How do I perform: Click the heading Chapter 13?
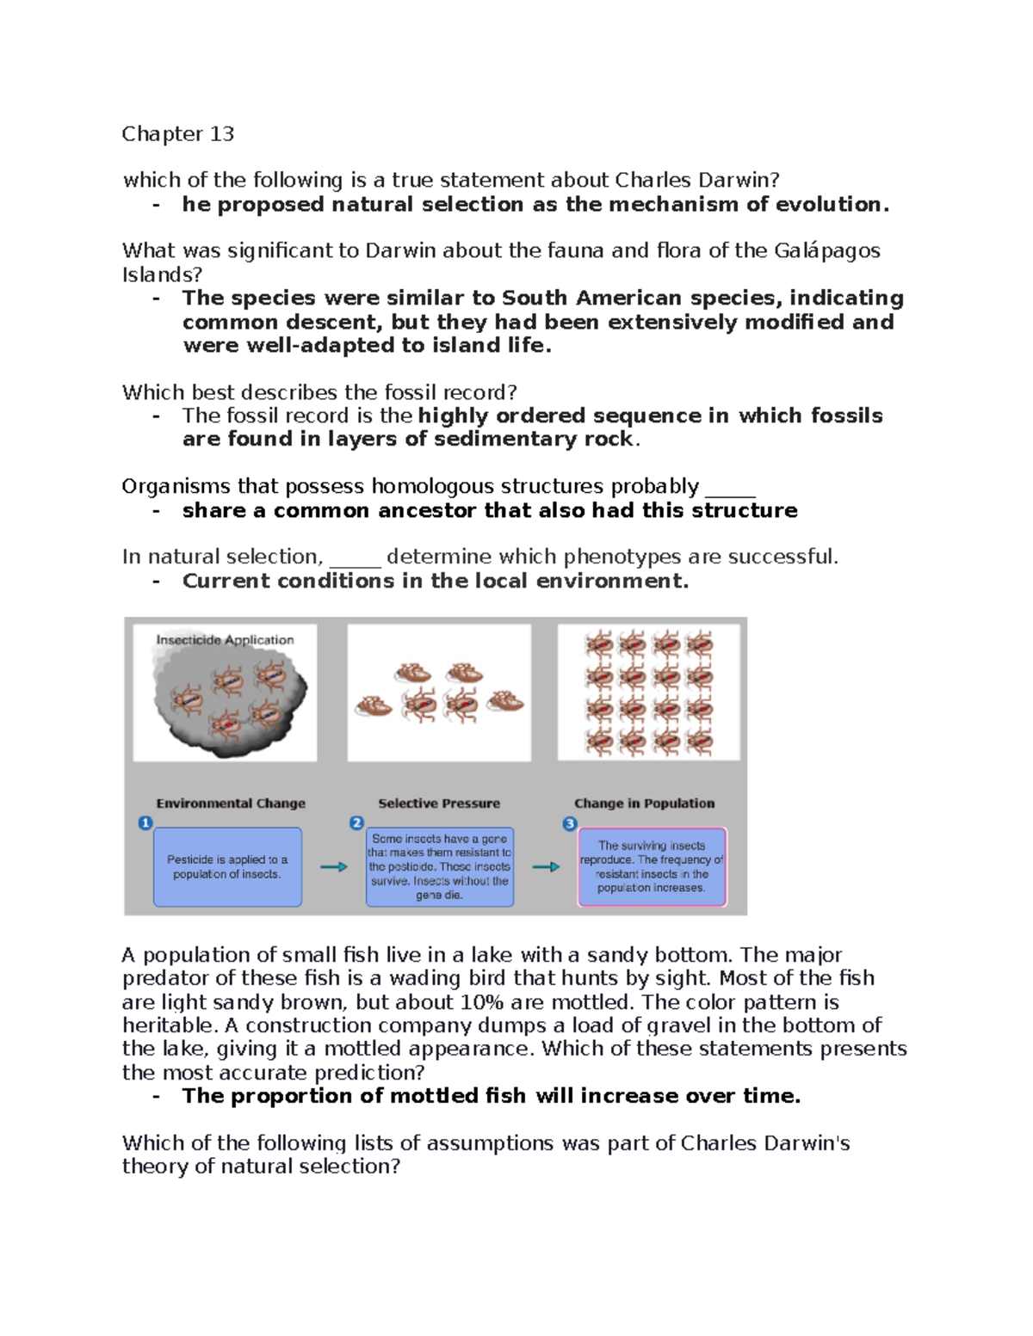(x=177, y=134)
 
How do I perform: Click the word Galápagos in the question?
(x=826, y=250)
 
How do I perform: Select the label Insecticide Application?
(x=225, y=640)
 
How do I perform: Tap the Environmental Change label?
(x=231, y=803)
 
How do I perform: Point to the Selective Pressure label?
(x=439, y=803)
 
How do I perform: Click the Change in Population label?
(x=644, y=803)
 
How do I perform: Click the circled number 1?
(x=145, y=823)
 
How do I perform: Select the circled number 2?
(x=356, y=823)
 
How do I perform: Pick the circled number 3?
(x=569, y=824)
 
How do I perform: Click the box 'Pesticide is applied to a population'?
(x=227, y=867)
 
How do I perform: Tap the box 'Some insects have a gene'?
(x=440, y=867)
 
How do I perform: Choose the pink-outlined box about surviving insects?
(x=652, y=867)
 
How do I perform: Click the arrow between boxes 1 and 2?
(x=333, y=867)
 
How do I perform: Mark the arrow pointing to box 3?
(x=546, y=867)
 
